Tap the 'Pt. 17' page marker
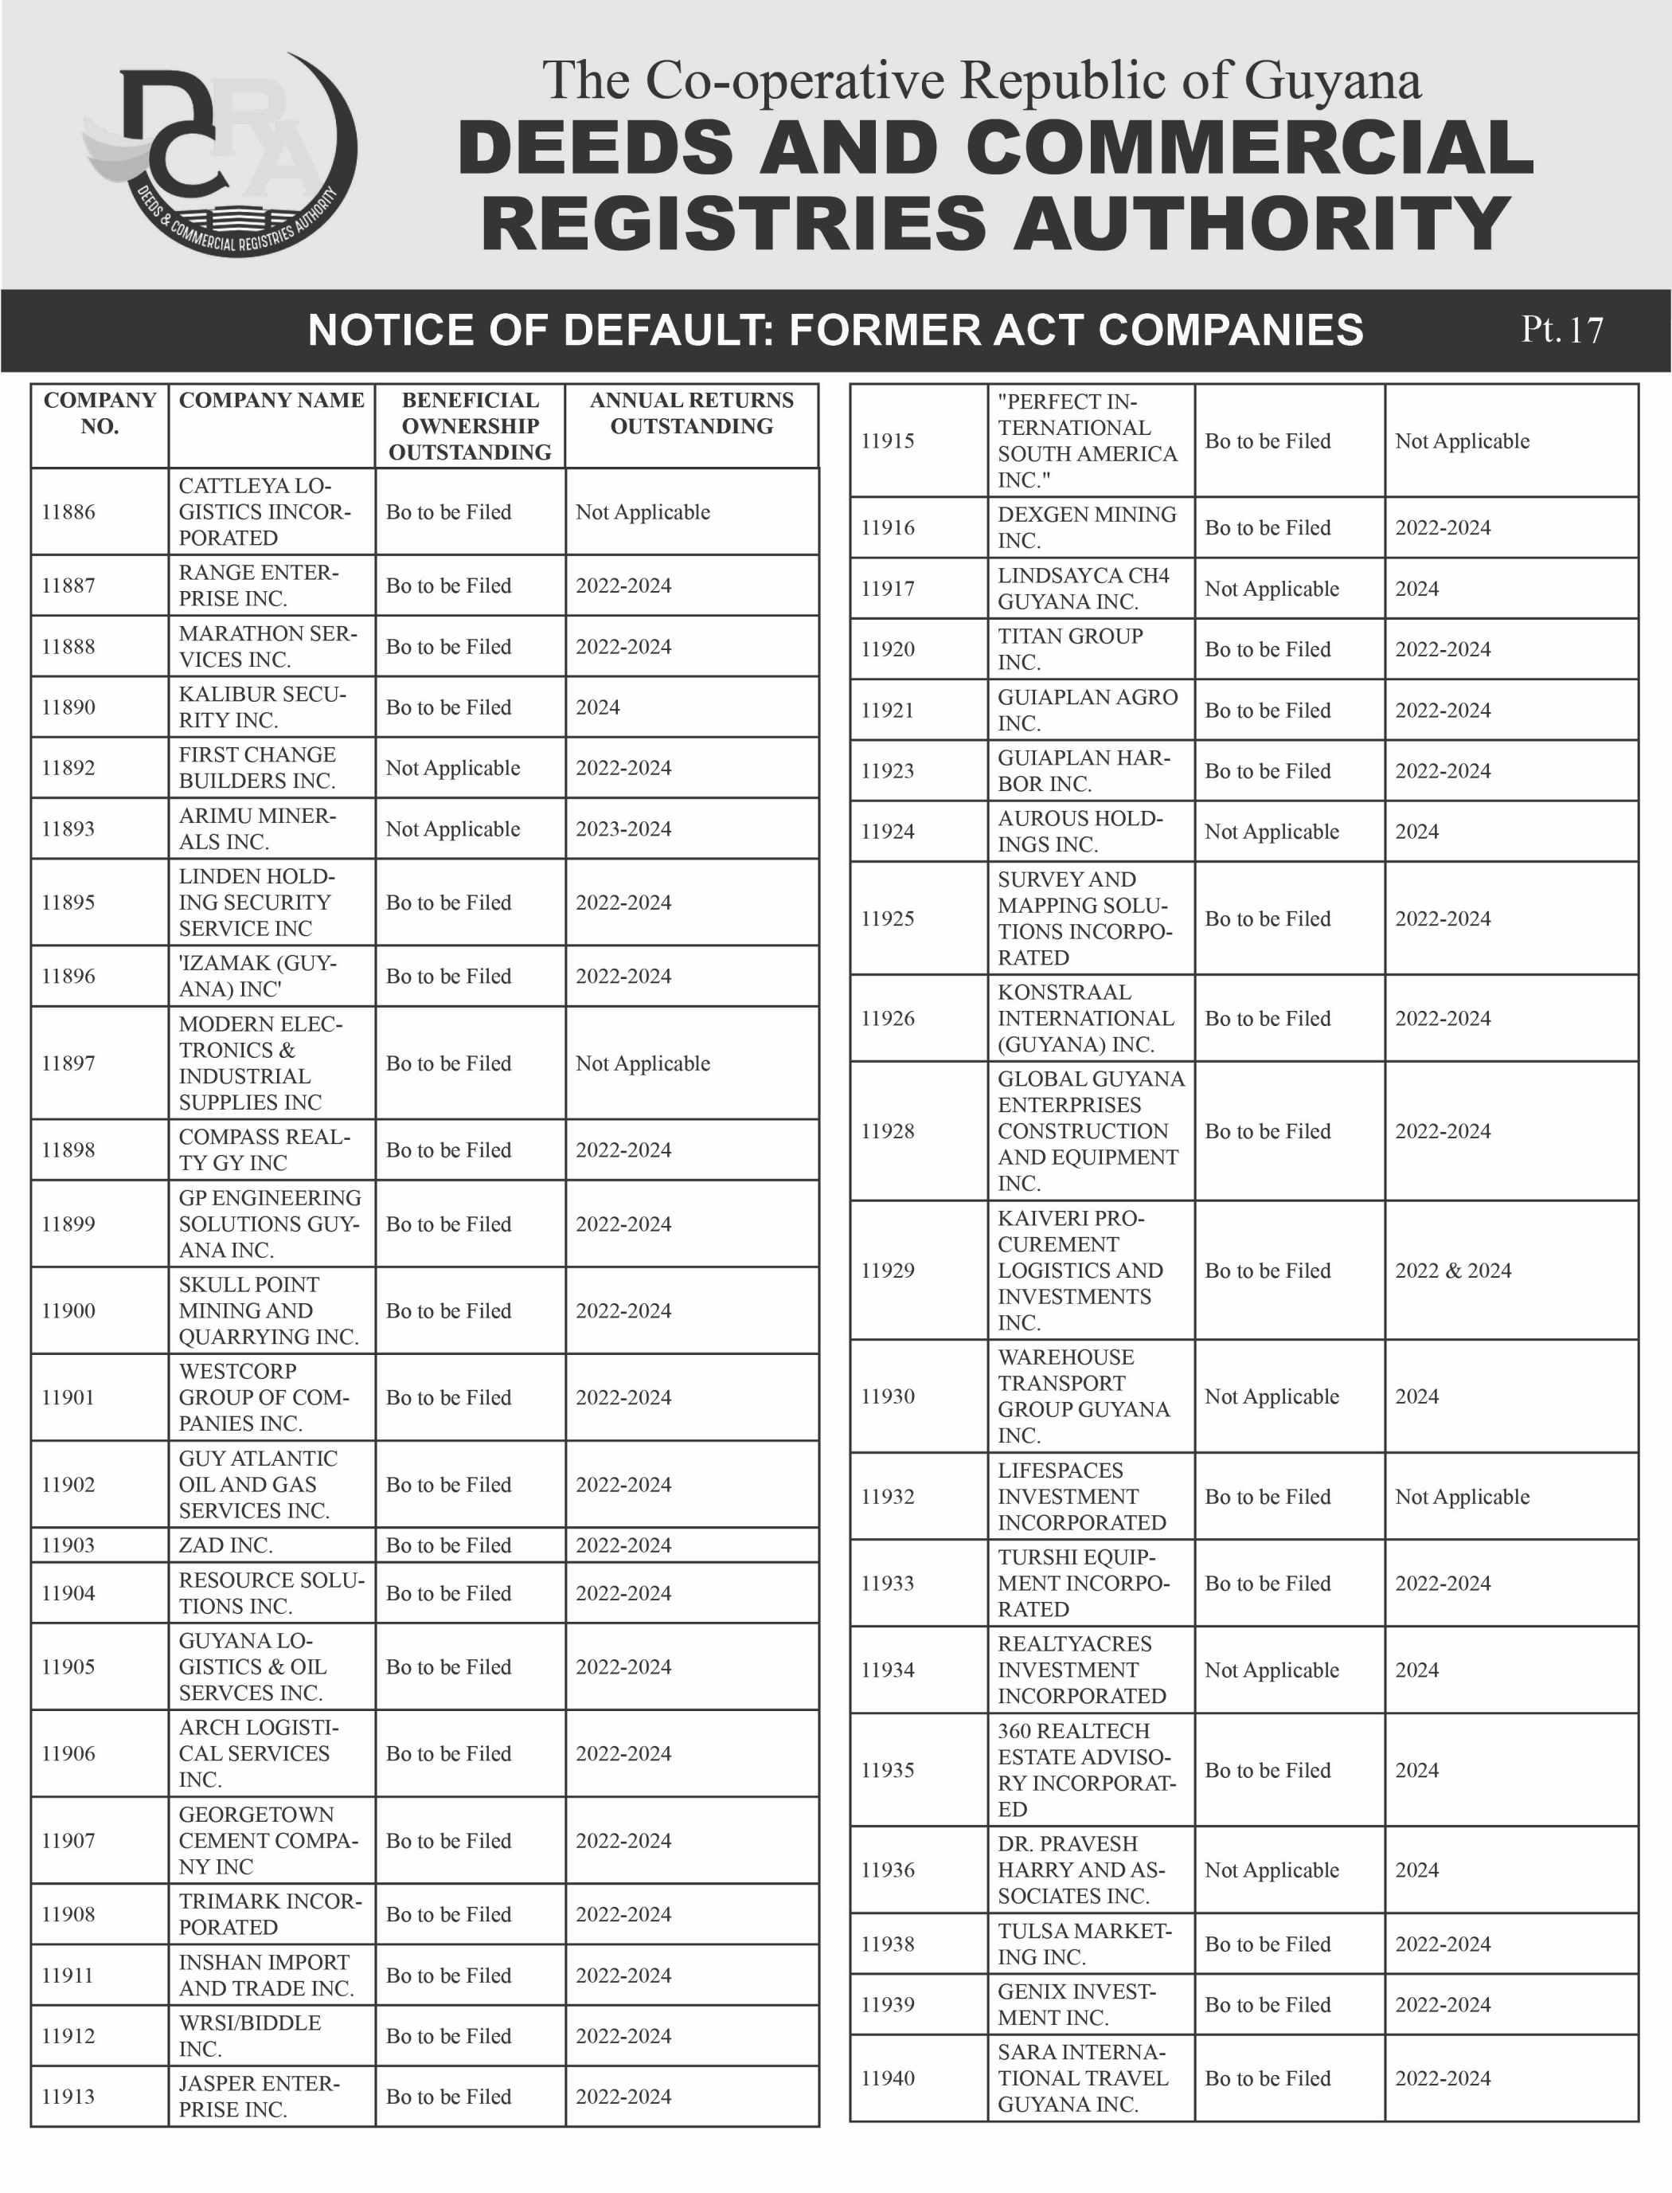click(1561, 330)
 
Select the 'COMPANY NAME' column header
click(271, 400)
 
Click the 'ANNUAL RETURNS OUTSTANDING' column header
click(692, 413)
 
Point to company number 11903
click(68, 1545)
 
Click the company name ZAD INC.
click(225, 1545)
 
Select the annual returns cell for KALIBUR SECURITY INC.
click(598, 707)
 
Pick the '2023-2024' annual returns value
click(623, 828)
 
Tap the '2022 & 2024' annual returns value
click(1452, 1271)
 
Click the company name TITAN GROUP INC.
click(1070, 649)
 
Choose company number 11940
click(888, 2077)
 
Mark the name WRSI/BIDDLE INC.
click(250, 2036)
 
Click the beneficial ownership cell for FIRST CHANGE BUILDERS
click(453, 767)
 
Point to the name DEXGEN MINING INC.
click(1087, 527)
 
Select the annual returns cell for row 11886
click(643, 511)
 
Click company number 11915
click(888, 441)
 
